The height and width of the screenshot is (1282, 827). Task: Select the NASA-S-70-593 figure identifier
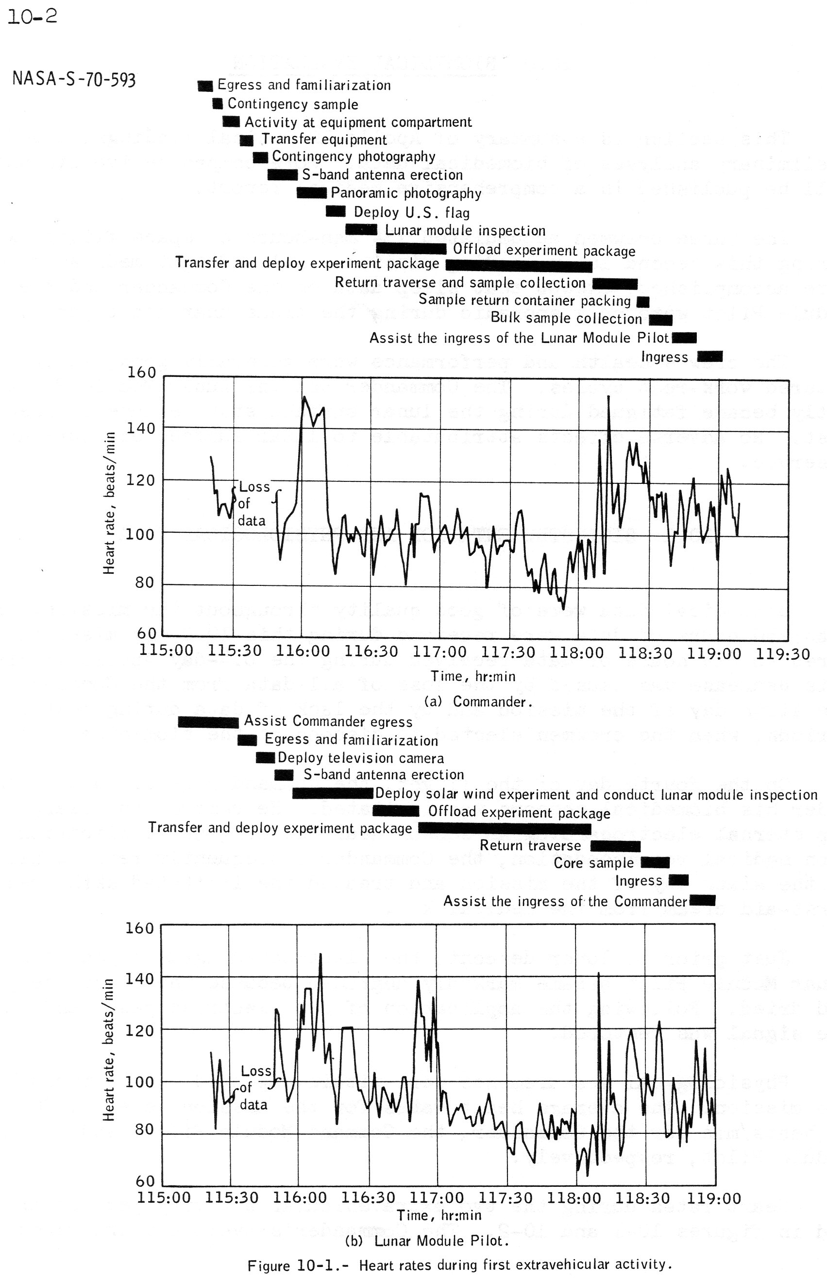[74, 80]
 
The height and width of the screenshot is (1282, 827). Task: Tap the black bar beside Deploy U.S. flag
[336, 212]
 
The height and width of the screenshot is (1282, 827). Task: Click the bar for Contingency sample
[218, 103]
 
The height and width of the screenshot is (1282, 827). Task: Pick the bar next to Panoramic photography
[311, 193]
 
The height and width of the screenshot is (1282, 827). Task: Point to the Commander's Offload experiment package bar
[411, 249]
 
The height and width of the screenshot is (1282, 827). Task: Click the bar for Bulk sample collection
[660, 320]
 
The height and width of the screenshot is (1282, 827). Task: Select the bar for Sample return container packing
[643, 302]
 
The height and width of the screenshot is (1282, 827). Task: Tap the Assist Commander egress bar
[208, 722]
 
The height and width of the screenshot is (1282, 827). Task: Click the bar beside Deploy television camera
[265, 758]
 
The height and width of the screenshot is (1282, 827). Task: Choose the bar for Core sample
[655, 863]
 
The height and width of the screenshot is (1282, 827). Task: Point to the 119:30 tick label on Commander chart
[783, 653]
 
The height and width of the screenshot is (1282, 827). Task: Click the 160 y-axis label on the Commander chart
[141, 372]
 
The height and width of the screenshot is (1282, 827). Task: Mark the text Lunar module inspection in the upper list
[465, 231]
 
